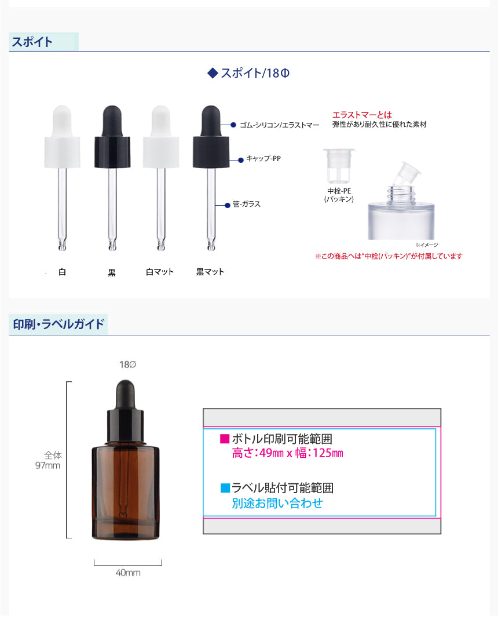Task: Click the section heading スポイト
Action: [32, 42]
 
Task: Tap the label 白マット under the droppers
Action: [159, 272]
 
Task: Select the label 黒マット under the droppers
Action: [210, 272]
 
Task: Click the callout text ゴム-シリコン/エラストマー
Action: [279, 125]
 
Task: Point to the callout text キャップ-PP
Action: [263, 158]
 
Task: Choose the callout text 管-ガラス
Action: [247, 204]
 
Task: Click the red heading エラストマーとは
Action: [362, 115]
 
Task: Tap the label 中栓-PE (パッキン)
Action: [339, 195]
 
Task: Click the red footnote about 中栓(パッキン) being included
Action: [389, 256]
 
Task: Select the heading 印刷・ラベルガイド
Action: [58, 324]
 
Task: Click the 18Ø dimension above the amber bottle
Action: [127, 364]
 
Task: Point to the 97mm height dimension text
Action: [48, 465]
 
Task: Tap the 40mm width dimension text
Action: [128, 573]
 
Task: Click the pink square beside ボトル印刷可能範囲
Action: [225, 439]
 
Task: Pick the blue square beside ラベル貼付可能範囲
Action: [225, 488]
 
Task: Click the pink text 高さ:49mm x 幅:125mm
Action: [287, 453]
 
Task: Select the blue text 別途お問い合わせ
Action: [277, 503]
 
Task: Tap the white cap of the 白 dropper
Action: [62, 152]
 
